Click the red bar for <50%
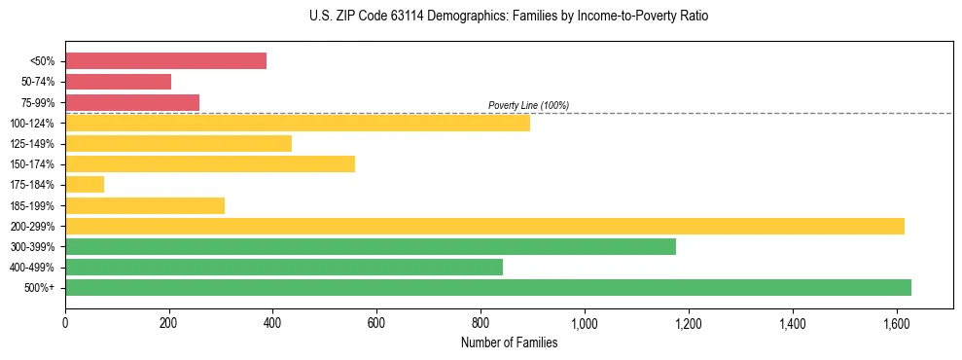pos(165,61)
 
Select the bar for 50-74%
pos(118,82)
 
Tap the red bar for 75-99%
pos(132,102)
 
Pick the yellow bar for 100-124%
pos(298,123)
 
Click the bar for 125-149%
pos(178,143)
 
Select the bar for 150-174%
pos(210,163)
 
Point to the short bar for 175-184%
pos(85,184)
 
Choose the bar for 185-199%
pos(145,205)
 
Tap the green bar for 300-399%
pos(371,246)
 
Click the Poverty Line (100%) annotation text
pos(528,105)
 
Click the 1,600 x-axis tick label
pos(896,323)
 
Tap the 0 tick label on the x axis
pos(65,323)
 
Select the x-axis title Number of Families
pos(509,342)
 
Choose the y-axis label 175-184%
pos(32,185)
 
